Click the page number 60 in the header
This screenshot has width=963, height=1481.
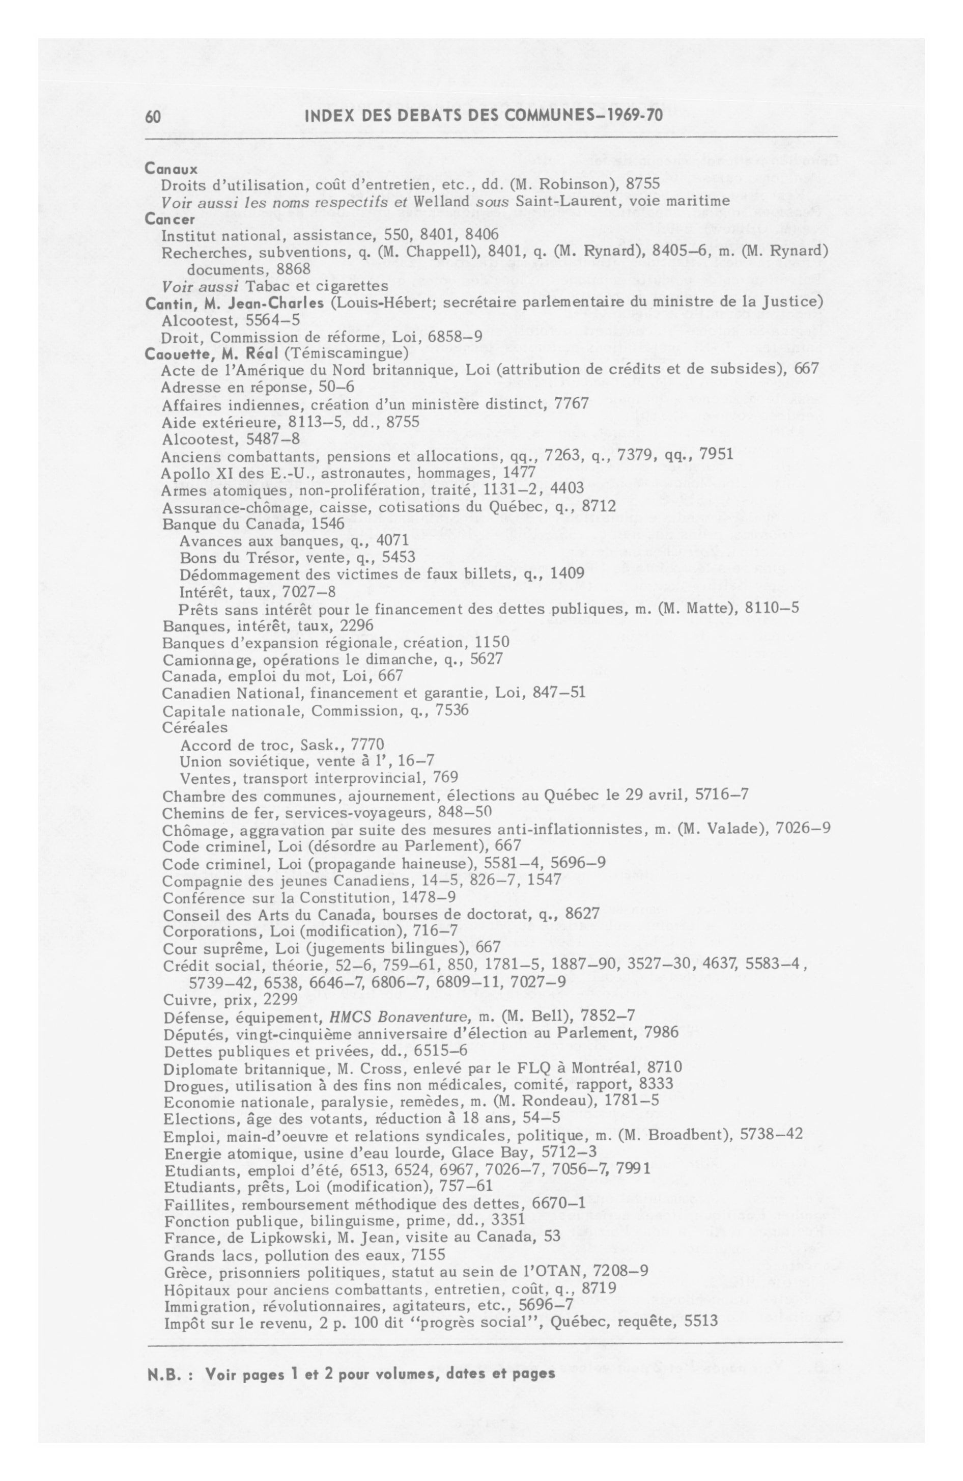[154, 116]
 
